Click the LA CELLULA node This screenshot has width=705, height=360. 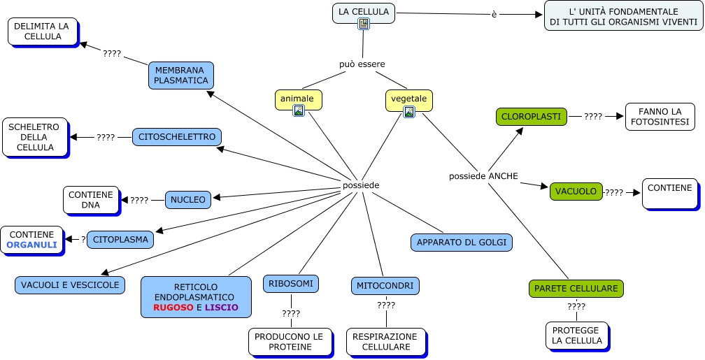pyautogui.click(x=363, y=12)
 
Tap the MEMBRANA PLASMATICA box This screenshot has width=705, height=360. pyautogui.click(x=181, y=75)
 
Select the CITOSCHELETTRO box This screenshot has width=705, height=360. pyautogui.click(x=177, y=137)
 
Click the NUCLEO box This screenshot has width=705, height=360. pyautogui.click(x=188, y=200)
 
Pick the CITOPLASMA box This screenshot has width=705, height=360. pyautogui.click(x=121, y=240)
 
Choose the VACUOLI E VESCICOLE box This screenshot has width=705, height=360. pyautogui.click(x=70, y=285)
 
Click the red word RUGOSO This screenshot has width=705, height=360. pyautogui.click(x=173, y=307)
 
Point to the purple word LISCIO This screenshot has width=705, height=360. pyautogui.click(x=222, y=307)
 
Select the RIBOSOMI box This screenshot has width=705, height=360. pyautogui.click(x=292, y=283)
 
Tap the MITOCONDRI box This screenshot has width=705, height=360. pyautogui.click(x=385, y=285)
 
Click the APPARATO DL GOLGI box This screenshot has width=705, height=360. pyautogui.click(x=462, y=243)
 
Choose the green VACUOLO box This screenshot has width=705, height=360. pyautogui.click(x=576, y=191)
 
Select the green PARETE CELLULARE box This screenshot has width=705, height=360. pyautogui.click(x=576, y=288)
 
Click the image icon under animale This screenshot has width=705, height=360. pyautogui.click(x=299, y=110)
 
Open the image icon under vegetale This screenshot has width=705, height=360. pyautogui.click(x=409, y=111)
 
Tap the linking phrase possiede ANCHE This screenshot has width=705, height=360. pyautogui.click(x=483, y=176)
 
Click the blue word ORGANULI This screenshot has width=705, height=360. pyautogui.click(x=31, y=245)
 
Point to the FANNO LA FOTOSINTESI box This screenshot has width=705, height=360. pyautogui.click(x=660, y=117)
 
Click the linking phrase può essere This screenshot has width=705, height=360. pyautogui.click(x=362, y=64)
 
